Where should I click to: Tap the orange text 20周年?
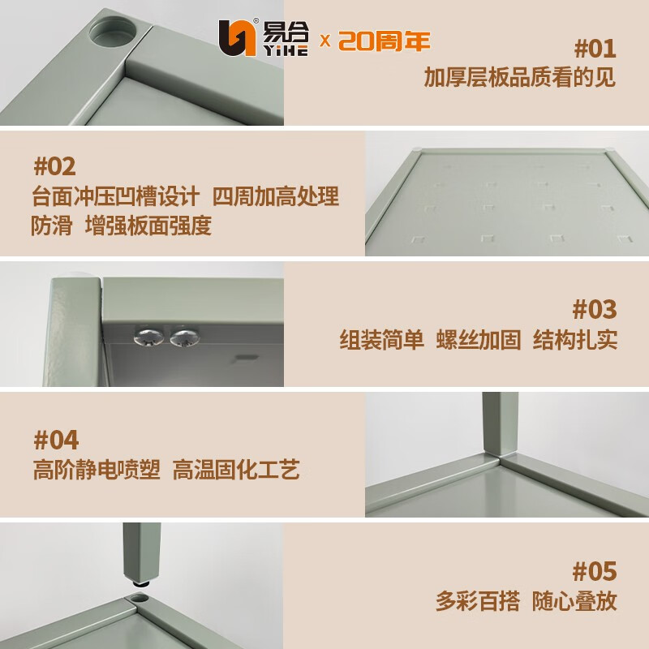pos(384,41)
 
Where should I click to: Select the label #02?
pos(54,166)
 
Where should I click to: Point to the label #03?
pos(595,309)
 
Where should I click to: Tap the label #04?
pos(56,440)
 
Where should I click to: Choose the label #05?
pos(595,571)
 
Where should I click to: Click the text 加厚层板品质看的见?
pos(520,78)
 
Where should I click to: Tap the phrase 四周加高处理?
pos(276,197)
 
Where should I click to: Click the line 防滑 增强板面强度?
pos(121,226)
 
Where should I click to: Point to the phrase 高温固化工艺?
pos(236,470)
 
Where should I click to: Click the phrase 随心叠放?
pos(574,601)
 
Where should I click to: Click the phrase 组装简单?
pos(381,340)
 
